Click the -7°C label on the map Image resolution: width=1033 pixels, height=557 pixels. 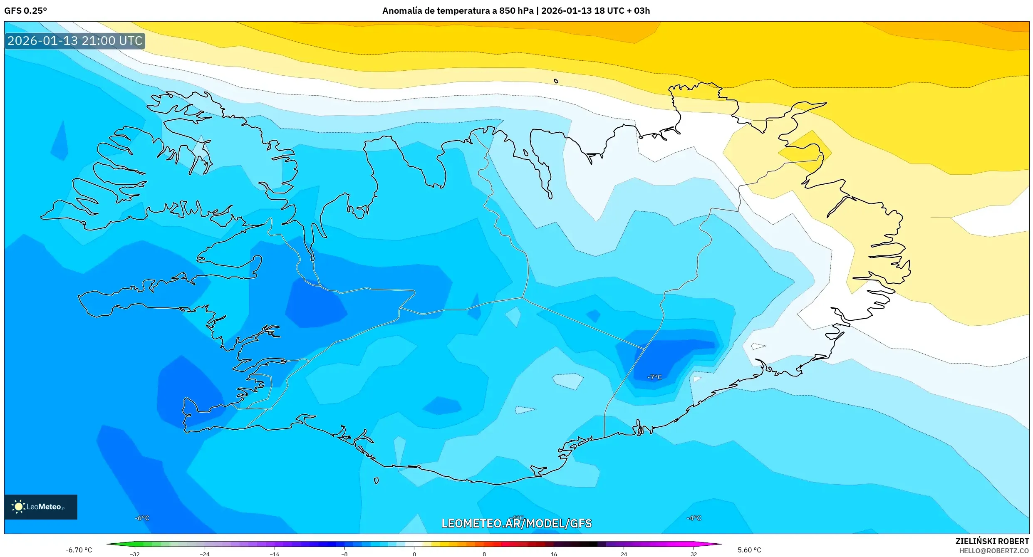pos(654,377)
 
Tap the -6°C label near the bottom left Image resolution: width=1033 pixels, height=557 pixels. pos(142,518)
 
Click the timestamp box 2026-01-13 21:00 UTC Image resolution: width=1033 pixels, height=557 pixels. pos(75,41)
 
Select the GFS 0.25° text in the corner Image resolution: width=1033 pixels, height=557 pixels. pos(26,11)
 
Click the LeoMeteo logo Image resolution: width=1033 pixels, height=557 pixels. pos(41,507)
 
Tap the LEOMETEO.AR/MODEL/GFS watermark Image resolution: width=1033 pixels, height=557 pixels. pos(516,523)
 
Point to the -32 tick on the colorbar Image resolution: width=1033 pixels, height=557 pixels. pos(135,554)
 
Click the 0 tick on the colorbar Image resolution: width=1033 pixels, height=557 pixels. pos(414,554)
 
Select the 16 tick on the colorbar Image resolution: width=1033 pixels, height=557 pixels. pos(554,554)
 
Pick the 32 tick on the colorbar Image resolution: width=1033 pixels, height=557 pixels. pos(694,554)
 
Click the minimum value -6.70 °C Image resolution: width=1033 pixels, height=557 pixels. pos(79,550)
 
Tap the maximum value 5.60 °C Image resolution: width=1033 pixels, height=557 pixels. pos(749,550)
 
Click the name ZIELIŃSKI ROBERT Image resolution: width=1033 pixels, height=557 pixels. pos(992,541)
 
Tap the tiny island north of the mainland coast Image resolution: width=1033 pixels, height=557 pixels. pos(556,81)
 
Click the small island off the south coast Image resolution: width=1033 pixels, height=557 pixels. pos(376,480)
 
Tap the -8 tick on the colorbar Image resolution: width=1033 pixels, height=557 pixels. pos(344,554)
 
